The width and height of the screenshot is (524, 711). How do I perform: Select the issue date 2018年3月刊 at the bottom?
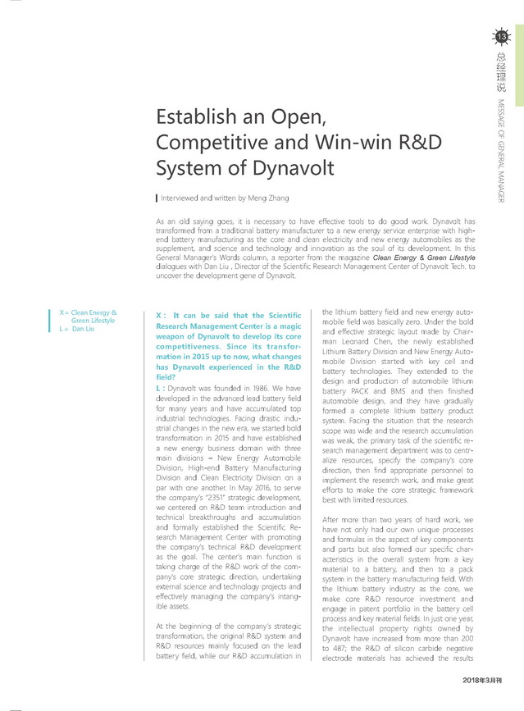pyautogui.click(x=481, y=680)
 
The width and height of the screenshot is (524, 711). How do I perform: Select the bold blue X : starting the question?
pyautogui.click(x=161, y=316)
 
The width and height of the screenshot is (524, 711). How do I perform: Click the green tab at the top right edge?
pyautogui.click(x=519, y=53)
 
